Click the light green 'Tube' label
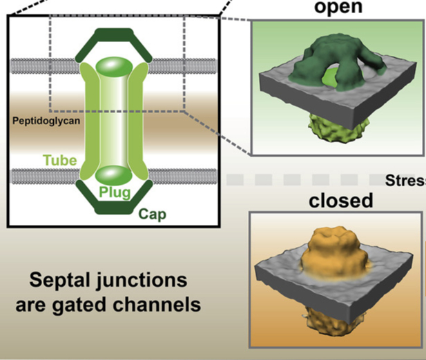[61, 160]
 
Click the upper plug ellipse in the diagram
[113, 68]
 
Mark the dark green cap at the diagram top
[113, 34]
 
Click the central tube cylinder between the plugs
[113, 121]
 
